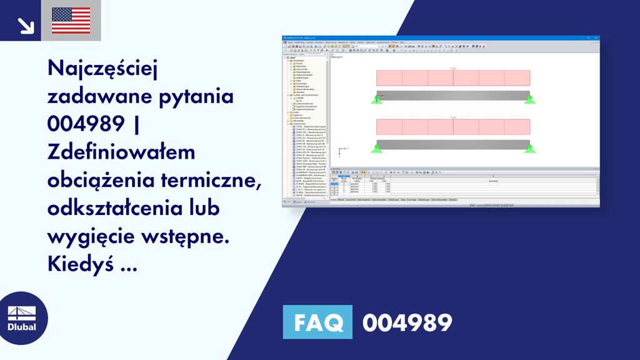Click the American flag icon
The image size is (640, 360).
coord(71,20)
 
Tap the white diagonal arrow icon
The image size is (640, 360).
coord(26,25)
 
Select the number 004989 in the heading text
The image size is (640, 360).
coord(85,124)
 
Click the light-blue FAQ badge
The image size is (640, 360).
coord(317,322)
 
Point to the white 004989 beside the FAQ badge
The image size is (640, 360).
coord(407,322)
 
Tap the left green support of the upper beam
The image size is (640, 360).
coord(376,99)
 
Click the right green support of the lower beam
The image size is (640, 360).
coord(530,147)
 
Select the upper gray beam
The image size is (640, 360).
coord(453,96)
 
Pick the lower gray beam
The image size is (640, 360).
coord(453,144)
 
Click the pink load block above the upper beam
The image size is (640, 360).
coord(453,77)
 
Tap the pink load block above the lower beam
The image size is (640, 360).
coord(453,126)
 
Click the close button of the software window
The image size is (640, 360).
coord(597,38)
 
